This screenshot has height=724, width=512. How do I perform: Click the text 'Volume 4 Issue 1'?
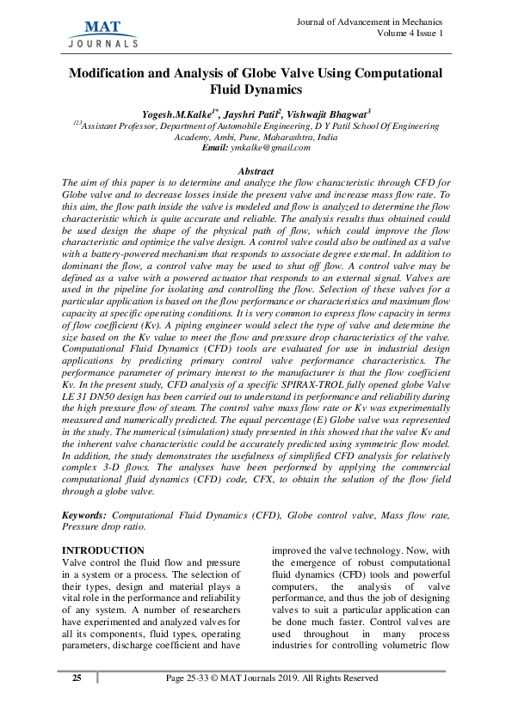click(410, 34)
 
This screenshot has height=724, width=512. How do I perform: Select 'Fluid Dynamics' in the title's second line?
click(256, 89)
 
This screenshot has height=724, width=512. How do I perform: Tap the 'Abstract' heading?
click(255, 172)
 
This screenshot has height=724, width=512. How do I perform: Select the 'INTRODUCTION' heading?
click(104, 550)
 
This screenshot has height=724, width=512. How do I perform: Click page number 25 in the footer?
click(77, 678)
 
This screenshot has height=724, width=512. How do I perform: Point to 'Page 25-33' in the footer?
click(191, 678)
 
